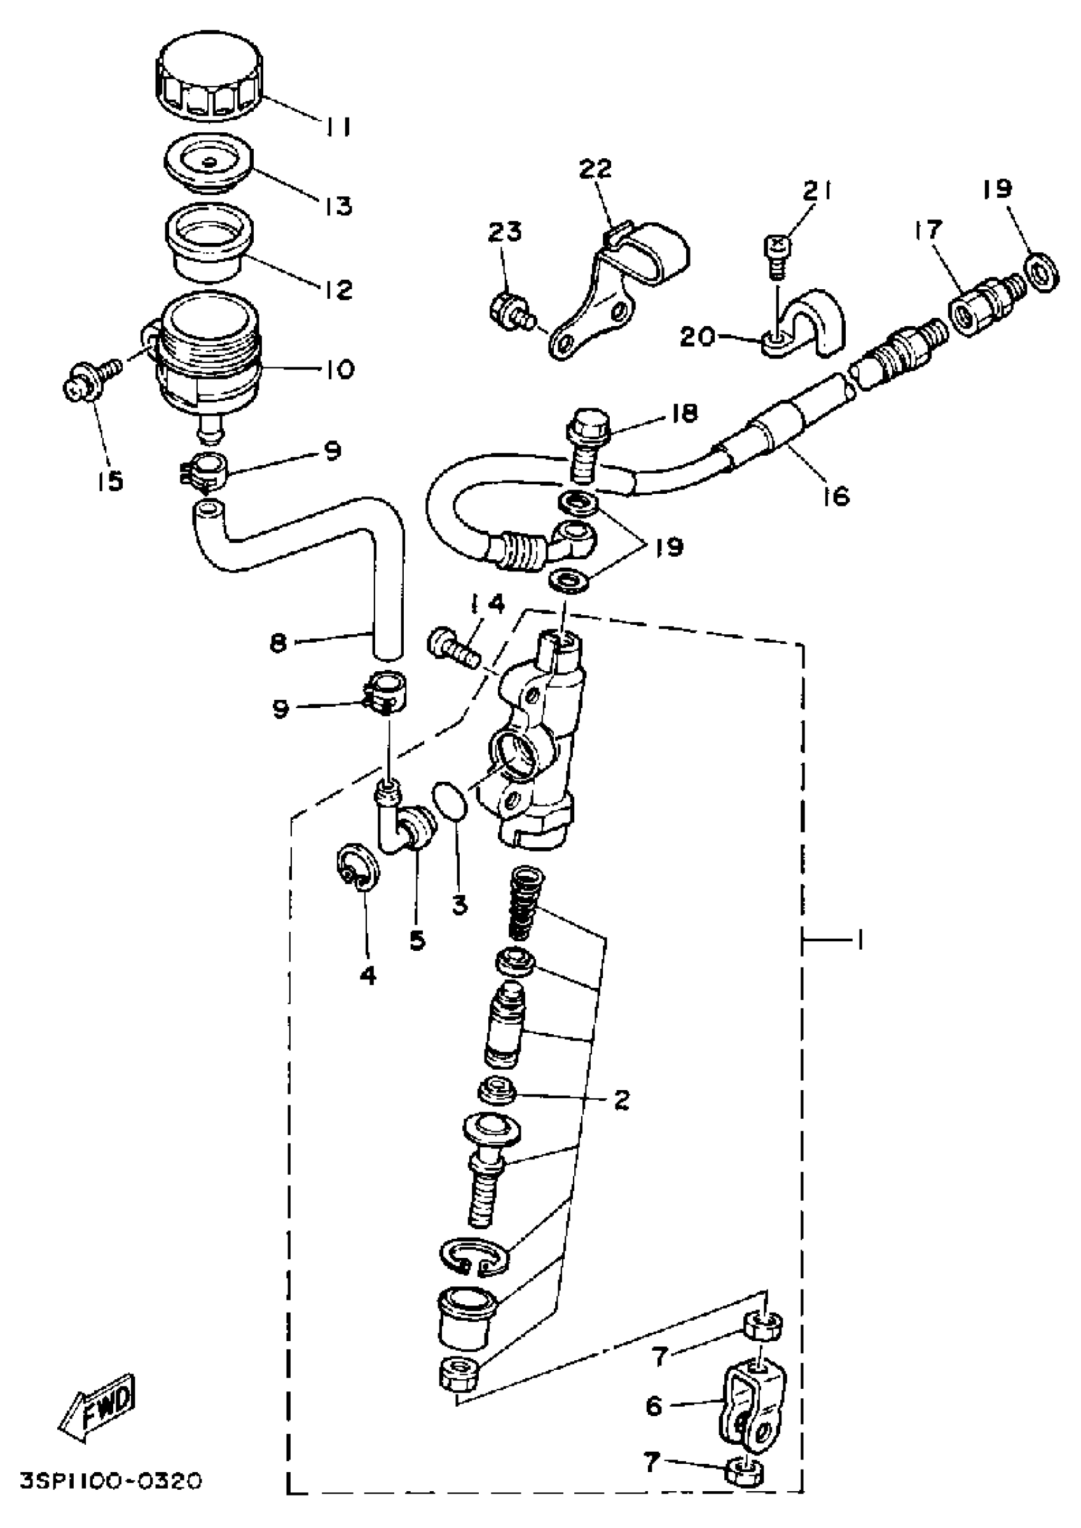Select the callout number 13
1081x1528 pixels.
point(339,207)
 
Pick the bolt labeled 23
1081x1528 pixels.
point(512,312)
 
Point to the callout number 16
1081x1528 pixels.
point(836,495)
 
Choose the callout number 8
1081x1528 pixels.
point(279,643)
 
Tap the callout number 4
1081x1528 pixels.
point(368,976)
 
